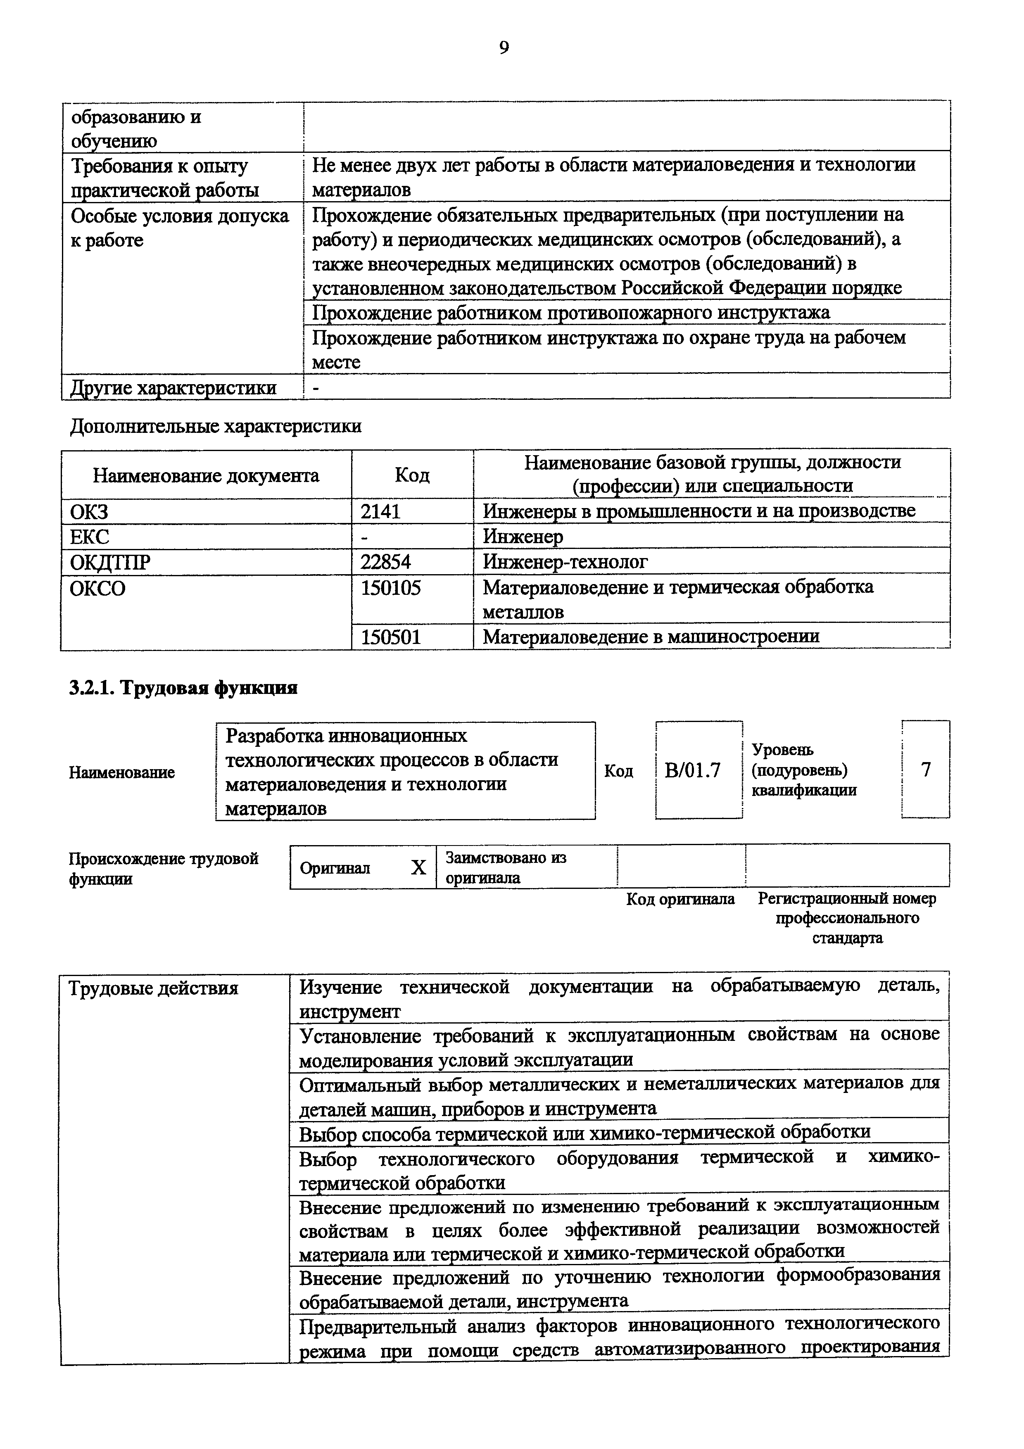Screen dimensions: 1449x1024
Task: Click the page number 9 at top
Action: (x=504, y=48)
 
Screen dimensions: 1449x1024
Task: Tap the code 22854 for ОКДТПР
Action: (x=385, y=561)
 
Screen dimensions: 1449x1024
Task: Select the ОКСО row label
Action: (x=98, y=588)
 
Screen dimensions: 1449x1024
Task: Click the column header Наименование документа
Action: (x=206, y=475)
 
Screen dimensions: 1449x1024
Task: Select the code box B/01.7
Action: (x=692, y=771)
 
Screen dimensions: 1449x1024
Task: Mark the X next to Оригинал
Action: (x=418, y=868)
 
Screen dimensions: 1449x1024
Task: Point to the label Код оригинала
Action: (x=680, y=899)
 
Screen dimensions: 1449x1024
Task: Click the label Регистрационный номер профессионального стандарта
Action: (x=847, y=918)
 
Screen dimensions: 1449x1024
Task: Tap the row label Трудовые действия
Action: (x=153, y=988)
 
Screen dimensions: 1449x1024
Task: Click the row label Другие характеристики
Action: (x=173, y=387)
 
